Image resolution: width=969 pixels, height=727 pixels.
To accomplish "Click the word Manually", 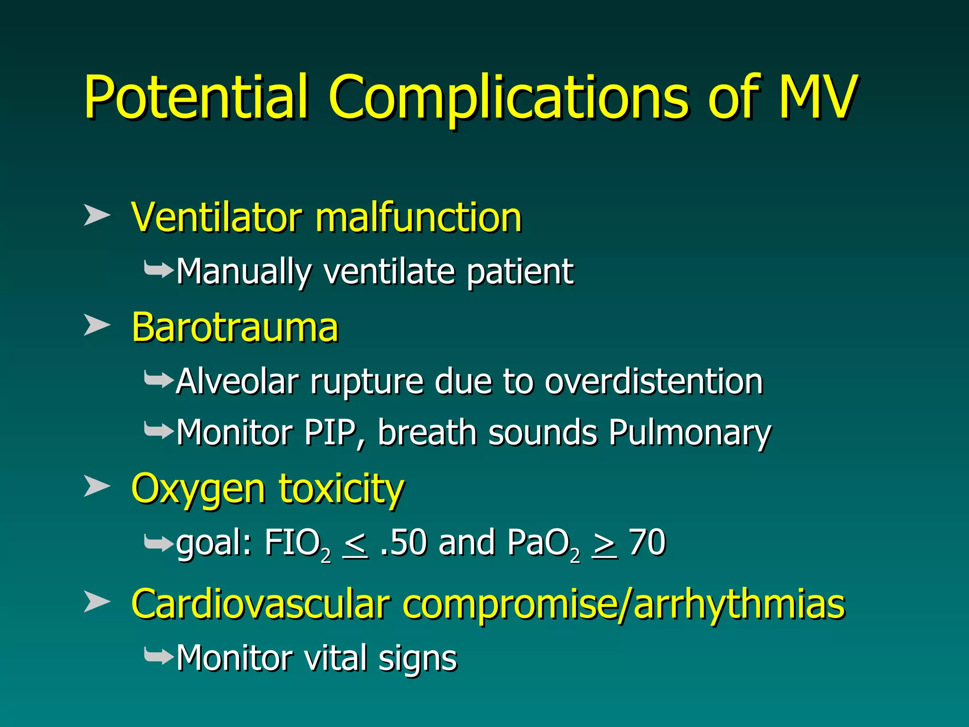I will pos(244,272).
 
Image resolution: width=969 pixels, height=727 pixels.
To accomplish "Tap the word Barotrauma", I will pos(235,327).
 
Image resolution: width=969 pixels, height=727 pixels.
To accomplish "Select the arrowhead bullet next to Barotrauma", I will pos(97,325).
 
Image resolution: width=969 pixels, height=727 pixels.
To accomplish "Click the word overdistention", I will pos(654,381).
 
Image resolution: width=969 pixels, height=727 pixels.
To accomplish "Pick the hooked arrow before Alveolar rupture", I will pos(159,379).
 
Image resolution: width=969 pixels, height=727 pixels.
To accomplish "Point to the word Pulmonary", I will pos(690,433).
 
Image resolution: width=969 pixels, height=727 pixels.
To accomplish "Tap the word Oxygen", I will pos(199,489).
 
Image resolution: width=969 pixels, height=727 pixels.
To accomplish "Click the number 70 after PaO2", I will pos(647,543).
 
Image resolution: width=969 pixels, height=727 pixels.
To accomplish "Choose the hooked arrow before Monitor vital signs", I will pos(159,656).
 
